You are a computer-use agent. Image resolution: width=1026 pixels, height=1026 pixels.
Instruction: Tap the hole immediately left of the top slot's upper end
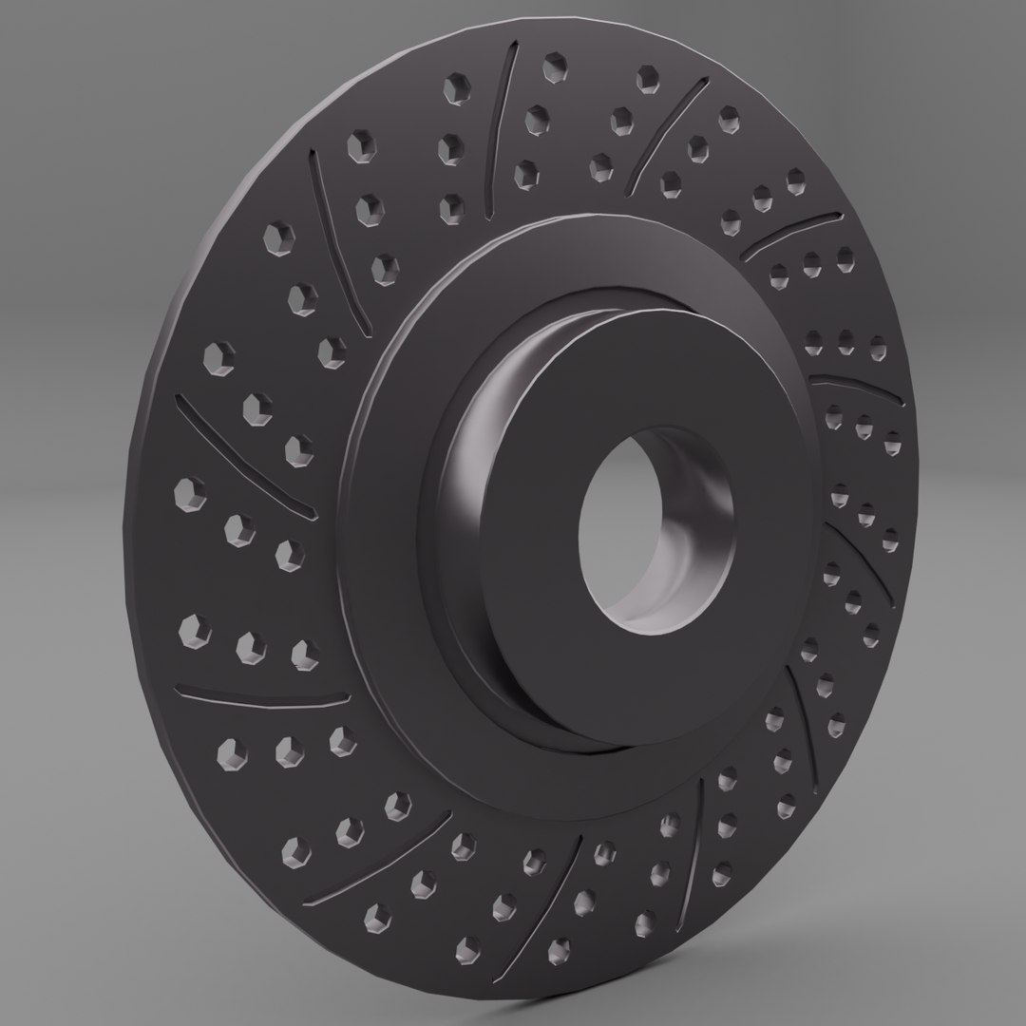(453, 88)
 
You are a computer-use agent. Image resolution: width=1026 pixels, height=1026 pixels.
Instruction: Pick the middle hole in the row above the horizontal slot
(248, 646)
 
